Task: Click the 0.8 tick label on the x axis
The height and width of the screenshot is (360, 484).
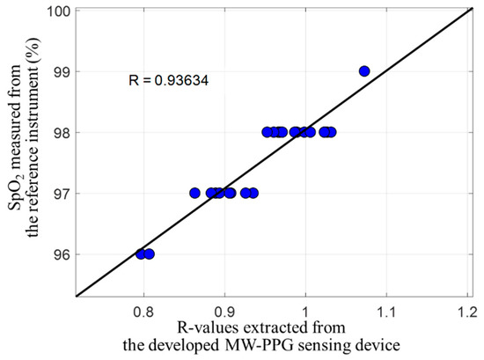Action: [144, 312]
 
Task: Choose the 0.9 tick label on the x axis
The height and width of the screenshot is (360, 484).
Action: [225, 312]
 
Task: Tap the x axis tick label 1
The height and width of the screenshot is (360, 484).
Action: [305, 312]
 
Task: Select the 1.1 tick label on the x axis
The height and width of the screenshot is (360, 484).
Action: [385, 312]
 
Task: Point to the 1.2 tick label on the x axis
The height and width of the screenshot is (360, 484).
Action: [466, 312]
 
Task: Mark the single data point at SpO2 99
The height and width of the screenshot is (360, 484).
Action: [364, 71]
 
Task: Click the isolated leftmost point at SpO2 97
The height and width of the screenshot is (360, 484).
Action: [194, 193]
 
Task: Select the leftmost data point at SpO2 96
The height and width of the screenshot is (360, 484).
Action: [141, 254]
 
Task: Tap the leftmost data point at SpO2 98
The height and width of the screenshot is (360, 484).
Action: [268, 132]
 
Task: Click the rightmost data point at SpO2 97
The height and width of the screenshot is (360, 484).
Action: [253, 193]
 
